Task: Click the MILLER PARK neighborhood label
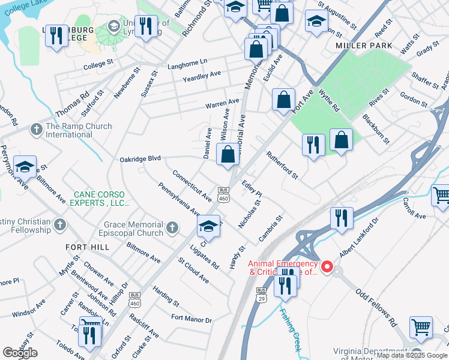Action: click(364, 46)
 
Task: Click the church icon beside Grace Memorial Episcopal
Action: click(172, 227)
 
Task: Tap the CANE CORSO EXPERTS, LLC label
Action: click(101, 199)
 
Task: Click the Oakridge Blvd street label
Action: click(140, 158)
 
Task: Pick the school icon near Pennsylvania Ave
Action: click(208, 227)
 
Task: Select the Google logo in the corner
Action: click(20, 353)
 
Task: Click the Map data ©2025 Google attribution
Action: click(412, 355)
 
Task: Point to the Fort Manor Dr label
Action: click(191, 319)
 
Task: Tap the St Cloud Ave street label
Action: click(193, 270)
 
